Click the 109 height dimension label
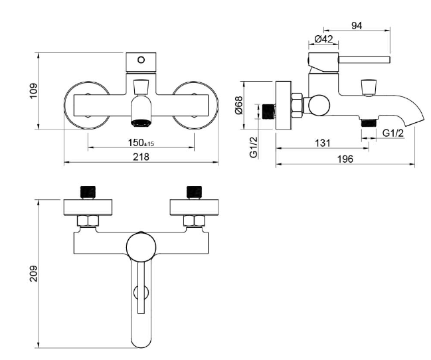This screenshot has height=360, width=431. (33, 91)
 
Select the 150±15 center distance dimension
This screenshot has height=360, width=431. (141, 143)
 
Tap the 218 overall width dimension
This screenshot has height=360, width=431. (141, 157)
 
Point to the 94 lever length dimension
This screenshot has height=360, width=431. (357, 26)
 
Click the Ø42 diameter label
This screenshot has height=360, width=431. (323, 39)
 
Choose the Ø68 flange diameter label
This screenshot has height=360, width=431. (238, 105)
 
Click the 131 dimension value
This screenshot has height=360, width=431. (323, 143)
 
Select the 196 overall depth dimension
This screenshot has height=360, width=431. (345, 159)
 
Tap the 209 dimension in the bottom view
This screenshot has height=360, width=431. (33, 274)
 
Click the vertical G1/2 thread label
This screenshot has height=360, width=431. (254, 147)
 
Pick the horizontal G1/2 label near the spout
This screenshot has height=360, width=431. (393, 133)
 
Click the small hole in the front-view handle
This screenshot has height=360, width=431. (141, 60)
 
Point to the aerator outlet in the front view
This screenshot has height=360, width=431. (141, 123)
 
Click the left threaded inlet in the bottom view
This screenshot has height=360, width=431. (88, 192)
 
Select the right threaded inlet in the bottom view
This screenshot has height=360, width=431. (195, 192)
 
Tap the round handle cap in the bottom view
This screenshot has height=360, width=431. (141, 246)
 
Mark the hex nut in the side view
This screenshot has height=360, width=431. (297, 106)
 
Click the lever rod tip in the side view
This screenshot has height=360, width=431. (389, 60)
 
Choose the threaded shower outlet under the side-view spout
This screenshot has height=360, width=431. (369, 123)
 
